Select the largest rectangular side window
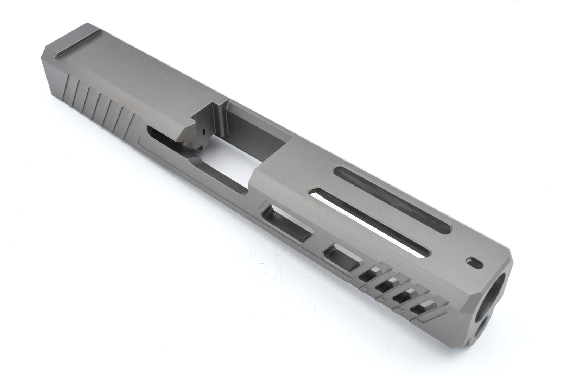click(x=287, y=224)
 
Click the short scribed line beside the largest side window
click(x=262, y=204)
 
